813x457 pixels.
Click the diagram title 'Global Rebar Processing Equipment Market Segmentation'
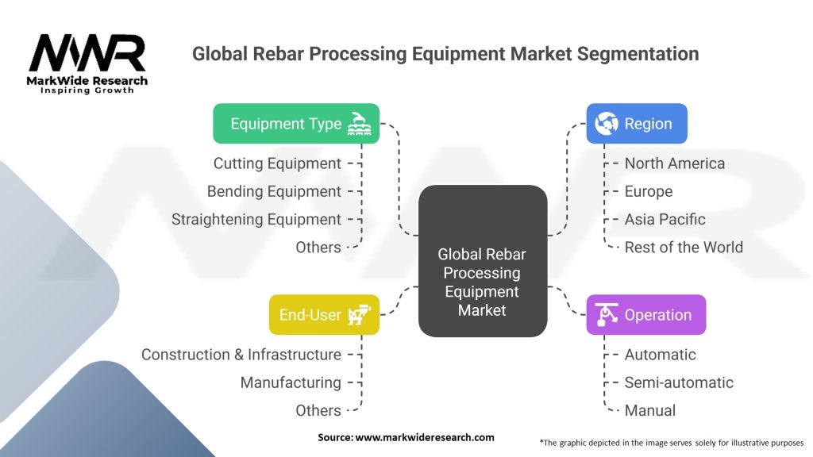pos(445,54)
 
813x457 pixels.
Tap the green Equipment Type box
pos(296,124)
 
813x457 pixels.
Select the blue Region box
pos(637,124)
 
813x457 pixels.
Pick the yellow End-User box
pos(324,315)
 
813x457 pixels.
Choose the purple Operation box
pos(645,315)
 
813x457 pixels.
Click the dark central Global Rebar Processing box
pos(482,282)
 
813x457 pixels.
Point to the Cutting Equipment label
pos(277,163)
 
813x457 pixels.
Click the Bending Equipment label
pos(274,191)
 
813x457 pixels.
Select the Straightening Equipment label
pos(256,219)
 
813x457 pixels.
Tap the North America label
pos(674,163)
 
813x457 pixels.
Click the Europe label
pos(648,191)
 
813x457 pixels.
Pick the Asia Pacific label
pos(665,219)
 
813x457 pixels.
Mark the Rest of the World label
pos(684,247)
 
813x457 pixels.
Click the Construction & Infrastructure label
pos(241,355)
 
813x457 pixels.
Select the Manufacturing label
pos(291,382)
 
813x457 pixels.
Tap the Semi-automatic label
pos(679,382)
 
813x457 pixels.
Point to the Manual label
pos(650,410)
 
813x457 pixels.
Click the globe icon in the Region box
pos(607,124)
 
